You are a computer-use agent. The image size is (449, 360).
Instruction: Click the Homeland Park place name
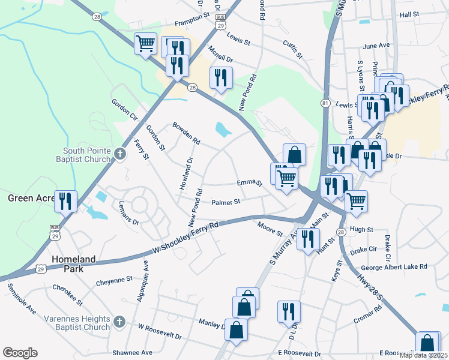click(73, 264)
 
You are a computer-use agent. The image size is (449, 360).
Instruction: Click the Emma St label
click(249, 182)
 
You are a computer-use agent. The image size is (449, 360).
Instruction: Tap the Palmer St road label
click(226, 202)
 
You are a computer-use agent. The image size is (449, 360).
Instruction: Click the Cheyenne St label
click(114, 280)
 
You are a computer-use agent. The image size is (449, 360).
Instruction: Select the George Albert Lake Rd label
click(394, 266)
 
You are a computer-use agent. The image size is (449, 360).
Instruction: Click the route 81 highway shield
click(325, 103)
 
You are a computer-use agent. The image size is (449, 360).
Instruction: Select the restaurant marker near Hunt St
click(308, 239)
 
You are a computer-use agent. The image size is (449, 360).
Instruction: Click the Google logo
click(20, 353)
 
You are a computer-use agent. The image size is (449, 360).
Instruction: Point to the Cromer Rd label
click(368, 316)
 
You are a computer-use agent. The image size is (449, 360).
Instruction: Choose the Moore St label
click(269, 229)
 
